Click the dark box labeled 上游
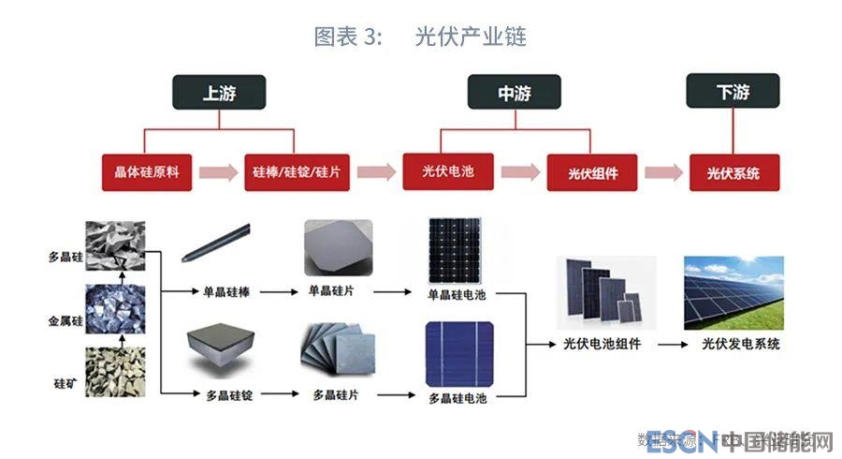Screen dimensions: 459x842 [220, 93]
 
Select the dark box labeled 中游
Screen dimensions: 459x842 [514, 93]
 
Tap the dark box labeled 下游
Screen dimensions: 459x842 [733, 93]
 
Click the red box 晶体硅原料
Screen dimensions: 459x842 [147, 173]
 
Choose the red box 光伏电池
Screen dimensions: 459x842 [448, 171]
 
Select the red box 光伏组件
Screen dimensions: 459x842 [592, 173]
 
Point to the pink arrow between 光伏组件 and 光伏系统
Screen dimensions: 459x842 [662, 173]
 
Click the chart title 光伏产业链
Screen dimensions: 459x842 [470, 37]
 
